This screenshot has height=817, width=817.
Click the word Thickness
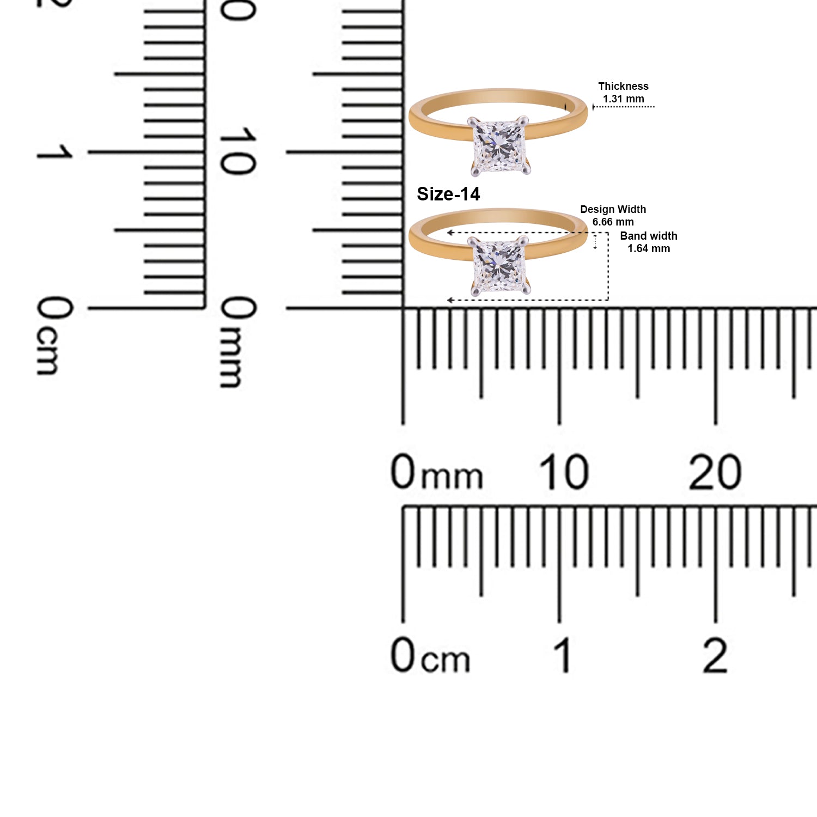coord(623,86)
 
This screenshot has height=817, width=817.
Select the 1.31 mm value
coord(623,99)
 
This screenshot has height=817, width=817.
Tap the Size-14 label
coord(448,194)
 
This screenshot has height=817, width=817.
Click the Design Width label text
coord(613,209)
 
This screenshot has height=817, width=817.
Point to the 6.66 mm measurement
coord(613,222)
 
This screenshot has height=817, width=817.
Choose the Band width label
coord(648,236)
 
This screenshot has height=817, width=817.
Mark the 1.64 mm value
coord(648,248)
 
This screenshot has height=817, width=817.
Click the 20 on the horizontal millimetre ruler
coord(715,472)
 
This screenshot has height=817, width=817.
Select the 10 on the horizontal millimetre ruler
coord(563,472)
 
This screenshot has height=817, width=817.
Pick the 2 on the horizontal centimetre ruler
coord(715,655)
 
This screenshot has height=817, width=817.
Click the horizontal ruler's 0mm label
coord(436,472)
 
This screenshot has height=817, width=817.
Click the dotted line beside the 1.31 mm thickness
coord(624,107)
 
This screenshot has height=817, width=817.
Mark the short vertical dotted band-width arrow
coord(595,241)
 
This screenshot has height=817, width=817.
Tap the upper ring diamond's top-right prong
coord(524,120)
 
